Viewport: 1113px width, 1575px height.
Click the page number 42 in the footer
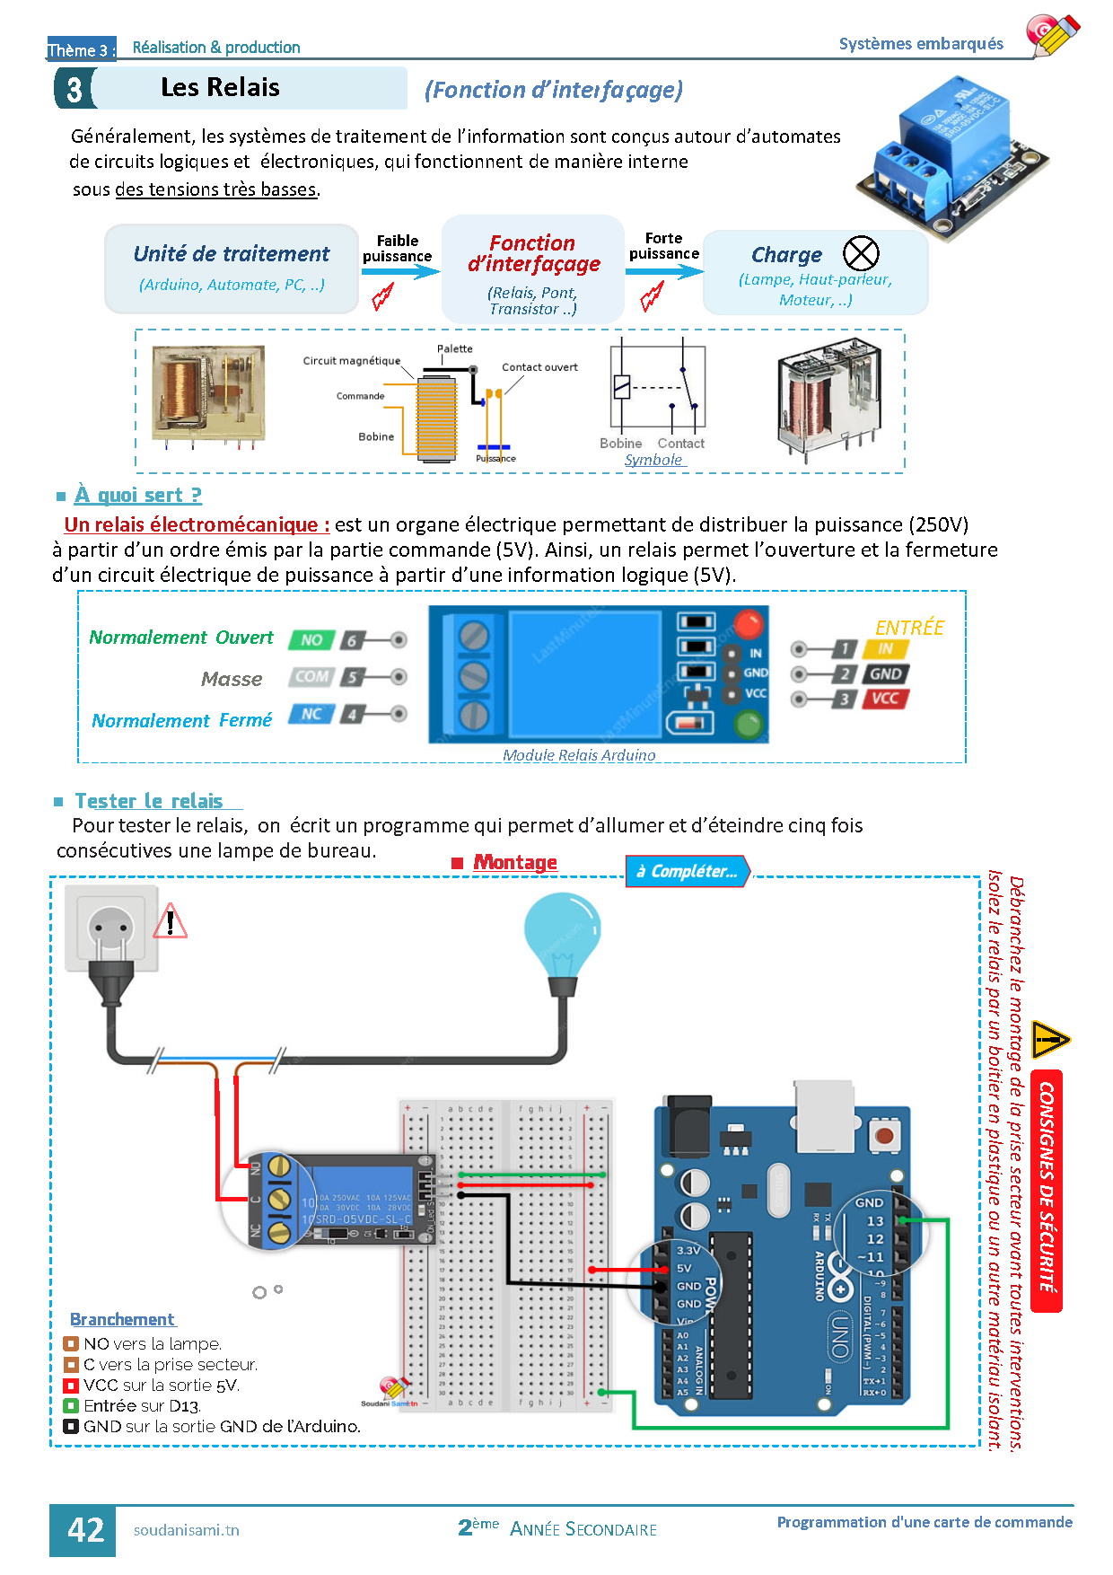click(x=85, y=1530)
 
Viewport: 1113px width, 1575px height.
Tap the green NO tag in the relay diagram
click(x=311, y=640)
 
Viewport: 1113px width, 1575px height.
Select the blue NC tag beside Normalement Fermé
click(x=311, y=714)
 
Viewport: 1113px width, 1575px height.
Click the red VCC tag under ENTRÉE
click(x=885, y=699)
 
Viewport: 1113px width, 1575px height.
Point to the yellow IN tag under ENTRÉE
click(x=885, y=648)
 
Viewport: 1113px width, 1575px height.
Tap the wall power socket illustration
click(x=112, y=928)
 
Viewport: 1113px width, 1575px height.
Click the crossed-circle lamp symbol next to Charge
click(x=861, y=253)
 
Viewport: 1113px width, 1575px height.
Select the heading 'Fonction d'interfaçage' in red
click(x=533, y=253)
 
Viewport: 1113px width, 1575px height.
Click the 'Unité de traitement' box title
click(x=232, y=254)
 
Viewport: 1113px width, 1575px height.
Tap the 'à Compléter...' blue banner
click(x=687, y=871)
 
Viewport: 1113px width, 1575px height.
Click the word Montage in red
click(x=515, y=862)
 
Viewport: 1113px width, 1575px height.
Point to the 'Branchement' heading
click(x=123, y=1319)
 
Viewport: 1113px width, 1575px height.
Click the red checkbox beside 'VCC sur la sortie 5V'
click(x=71, y=1386)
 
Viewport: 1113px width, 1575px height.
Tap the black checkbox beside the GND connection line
click(x=71, y=1427)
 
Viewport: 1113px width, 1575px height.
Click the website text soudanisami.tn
click(x=187, y=1530)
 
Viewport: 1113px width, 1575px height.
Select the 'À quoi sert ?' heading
click(x=138, y=496)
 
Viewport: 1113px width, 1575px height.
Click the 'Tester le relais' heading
click(x=149, y=801)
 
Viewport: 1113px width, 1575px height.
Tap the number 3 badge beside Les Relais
click(x=74, y=89)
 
